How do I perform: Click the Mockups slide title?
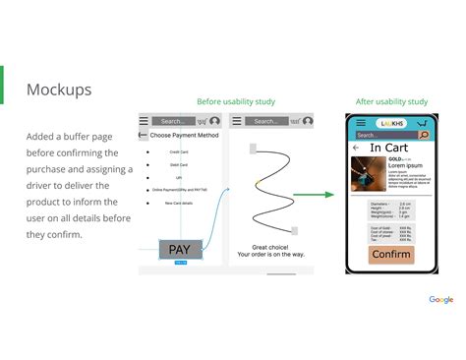point(58,90)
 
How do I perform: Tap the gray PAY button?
point(180,249)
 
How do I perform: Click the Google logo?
point(440,299)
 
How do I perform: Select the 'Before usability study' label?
point(236,101)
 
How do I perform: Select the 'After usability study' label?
point(391,101)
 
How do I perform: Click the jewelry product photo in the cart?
point(368,173)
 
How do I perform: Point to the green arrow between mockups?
point(315,195)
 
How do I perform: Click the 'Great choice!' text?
point(270,247)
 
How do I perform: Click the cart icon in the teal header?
point(422,122)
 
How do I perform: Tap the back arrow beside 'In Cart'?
point(356,148)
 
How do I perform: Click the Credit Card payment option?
point(179,151)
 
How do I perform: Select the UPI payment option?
point(179,177)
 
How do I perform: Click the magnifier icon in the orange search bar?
point(424,135)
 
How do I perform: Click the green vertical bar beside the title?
point(2,85)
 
